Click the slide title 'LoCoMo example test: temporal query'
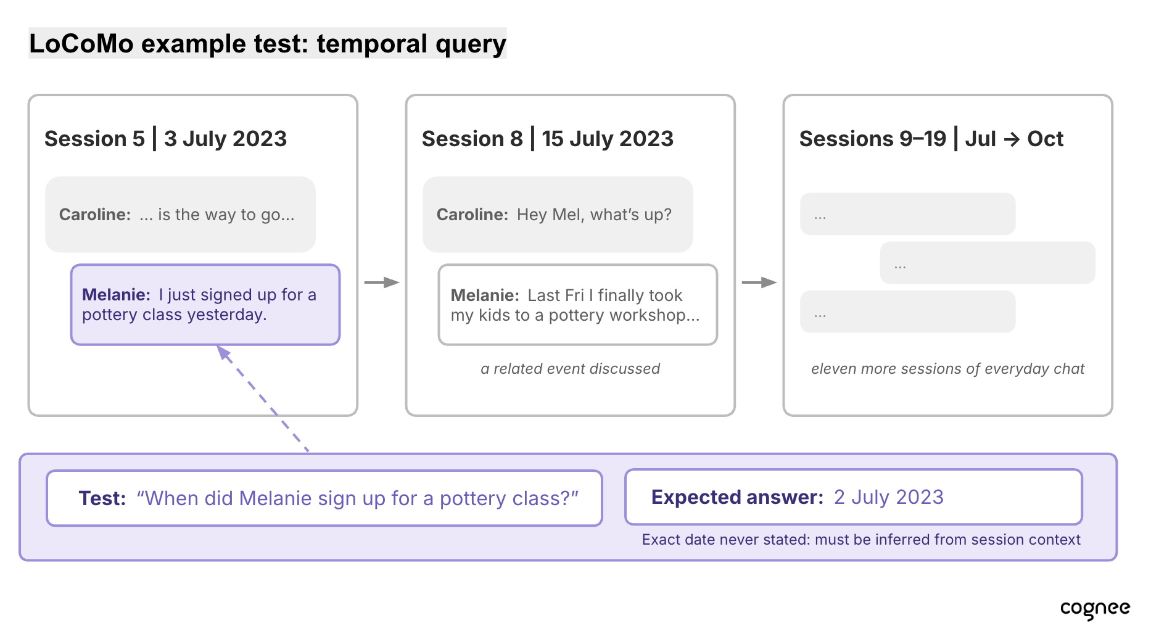click(268, 44)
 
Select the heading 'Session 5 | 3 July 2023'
click(165, 139)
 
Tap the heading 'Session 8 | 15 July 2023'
click(548, 139)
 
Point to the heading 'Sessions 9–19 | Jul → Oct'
click(931, 139)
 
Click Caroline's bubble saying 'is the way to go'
click(180, 215)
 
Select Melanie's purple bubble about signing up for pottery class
click(205, 305)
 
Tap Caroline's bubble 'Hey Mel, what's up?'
click(558, 215)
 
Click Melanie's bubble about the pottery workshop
click(578, 305)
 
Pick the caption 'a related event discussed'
click(571, 369)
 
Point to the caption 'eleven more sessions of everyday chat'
click(947, 369)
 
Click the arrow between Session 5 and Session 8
click(382, 282)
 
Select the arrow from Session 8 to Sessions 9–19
click(759, 282)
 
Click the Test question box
click(324, 498)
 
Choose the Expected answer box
click(854, 497)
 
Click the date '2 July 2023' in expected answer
click(889, 497)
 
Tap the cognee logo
click(1095, 609)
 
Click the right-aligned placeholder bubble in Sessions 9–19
click(988, 263)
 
